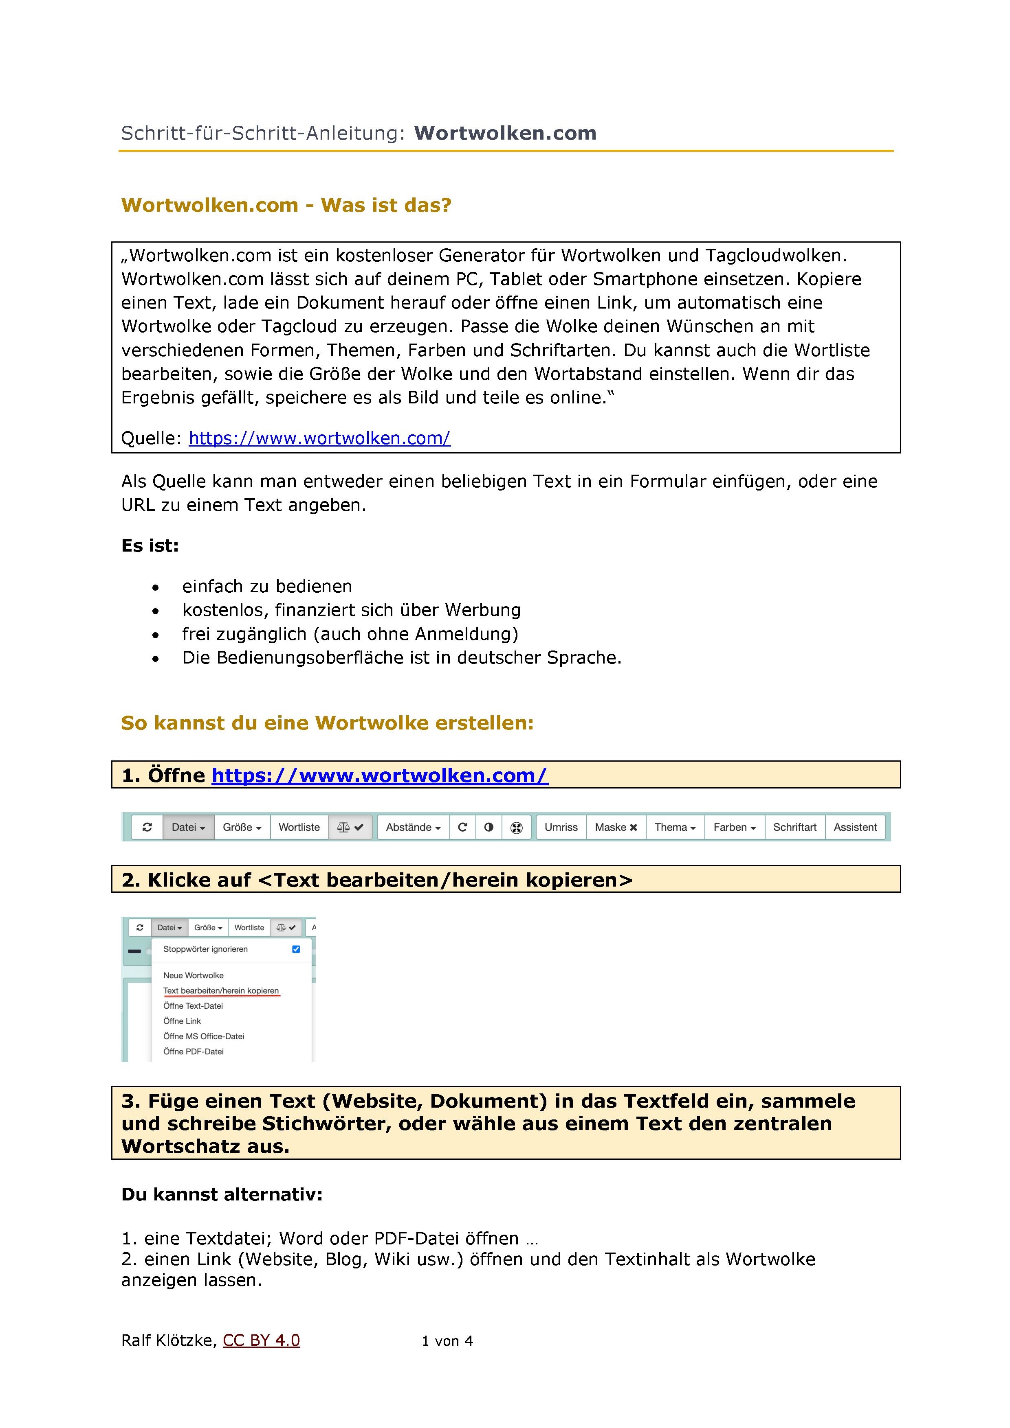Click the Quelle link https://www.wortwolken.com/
coord(319,438)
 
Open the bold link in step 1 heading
coord(380,775)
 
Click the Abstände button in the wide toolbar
coord(413,827)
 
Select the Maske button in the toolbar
coord(616,827)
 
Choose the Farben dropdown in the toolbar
coord(734,827)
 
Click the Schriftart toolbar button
coord(795,827)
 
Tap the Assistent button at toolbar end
coord(855,827)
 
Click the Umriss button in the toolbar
coord(561,827)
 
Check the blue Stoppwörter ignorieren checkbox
coord(296,949)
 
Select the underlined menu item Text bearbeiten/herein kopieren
coord(221,991)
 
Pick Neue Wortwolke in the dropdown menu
coord(194,975)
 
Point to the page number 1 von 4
coord(447,1341)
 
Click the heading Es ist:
coord(150,546)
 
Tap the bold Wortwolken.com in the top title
coord(505,133)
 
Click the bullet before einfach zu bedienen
coord(156,587)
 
